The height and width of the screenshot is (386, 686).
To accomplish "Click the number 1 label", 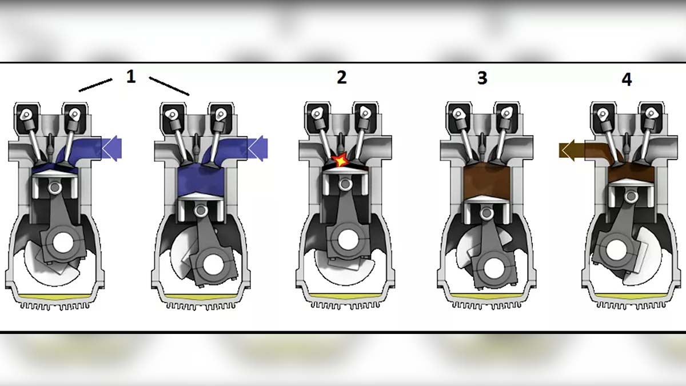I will [131, 76].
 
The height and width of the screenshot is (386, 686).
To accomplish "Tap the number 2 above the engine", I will [341, 77].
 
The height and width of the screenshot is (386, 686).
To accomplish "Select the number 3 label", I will [482, 78].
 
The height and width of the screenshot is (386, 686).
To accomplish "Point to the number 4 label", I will [627, 79].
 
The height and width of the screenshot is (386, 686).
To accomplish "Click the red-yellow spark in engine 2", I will [341, 160].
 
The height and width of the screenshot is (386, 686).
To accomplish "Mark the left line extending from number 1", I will [95, 85].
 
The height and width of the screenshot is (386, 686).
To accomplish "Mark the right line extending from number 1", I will [169, 86].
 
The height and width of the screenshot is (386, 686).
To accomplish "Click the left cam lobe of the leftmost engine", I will [26, 114].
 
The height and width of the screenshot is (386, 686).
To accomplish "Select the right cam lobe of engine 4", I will [650, 114].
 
